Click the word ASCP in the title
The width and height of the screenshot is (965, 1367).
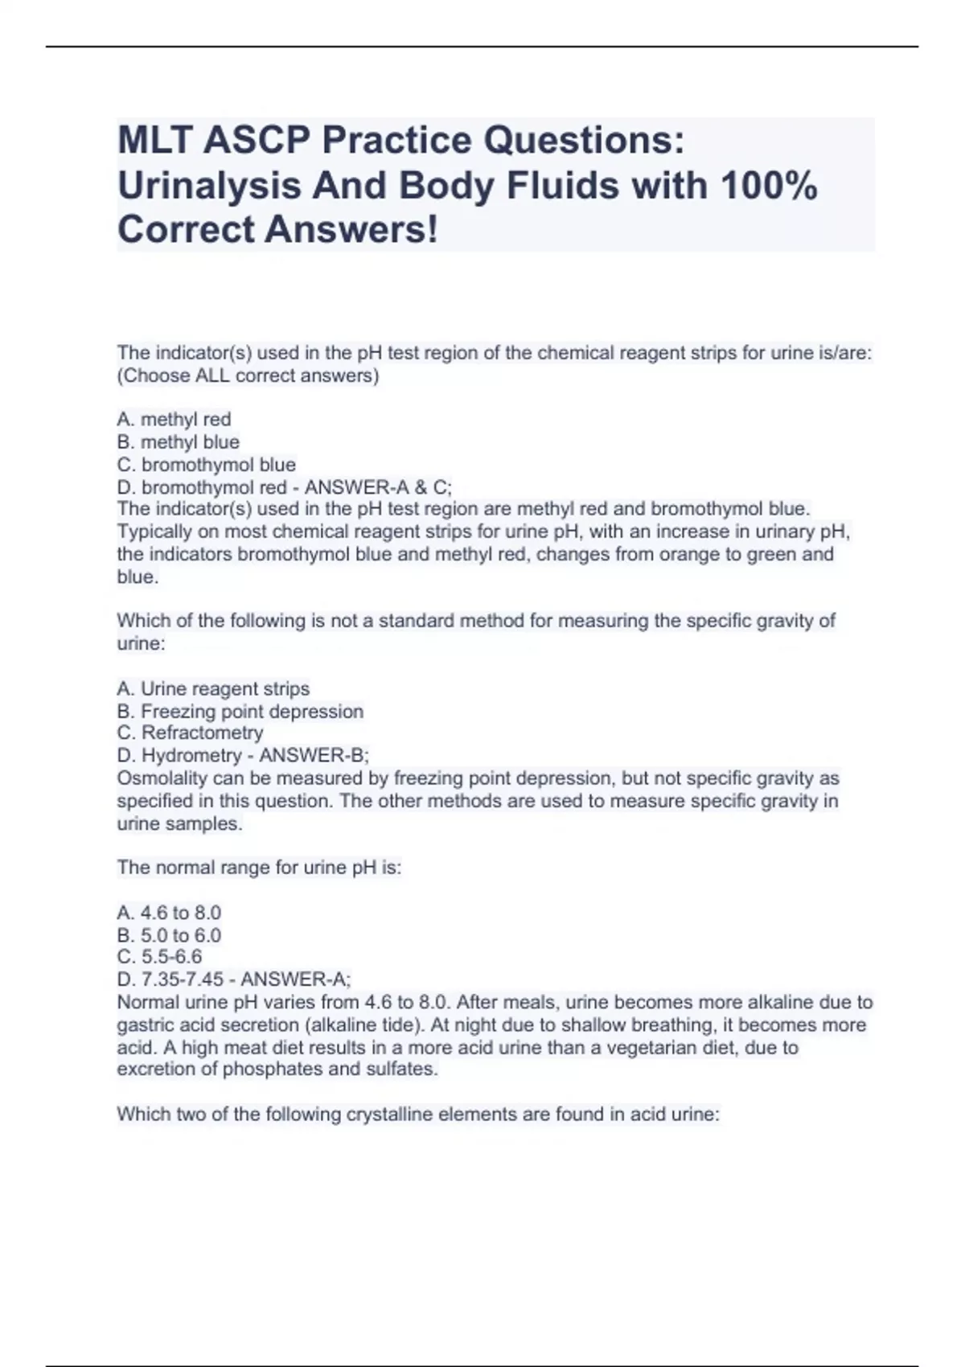coord(256,141)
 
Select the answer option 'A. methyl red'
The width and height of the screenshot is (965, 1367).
coord(174,419)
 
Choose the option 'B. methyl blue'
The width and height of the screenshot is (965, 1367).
coord(178,441)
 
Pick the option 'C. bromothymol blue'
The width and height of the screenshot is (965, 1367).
coord(206,465)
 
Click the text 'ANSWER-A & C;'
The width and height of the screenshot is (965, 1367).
coord(378,487)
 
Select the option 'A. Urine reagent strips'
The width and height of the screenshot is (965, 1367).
coord(212,688)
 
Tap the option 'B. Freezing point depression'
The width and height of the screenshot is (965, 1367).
coord(240,711)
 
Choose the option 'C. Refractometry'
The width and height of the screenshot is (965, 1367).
coord(190,733)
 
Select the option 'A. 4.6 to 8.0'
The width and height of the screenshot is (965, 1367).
coord(169,913)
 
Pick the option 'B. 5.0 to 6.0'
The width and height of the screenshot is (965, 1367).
coord(169,935)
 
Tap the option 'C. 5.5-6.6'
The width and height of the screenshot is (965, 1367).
coord(159,956)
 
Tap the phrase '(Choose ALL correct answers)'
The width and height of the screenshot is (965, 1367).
coord(248,376)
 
